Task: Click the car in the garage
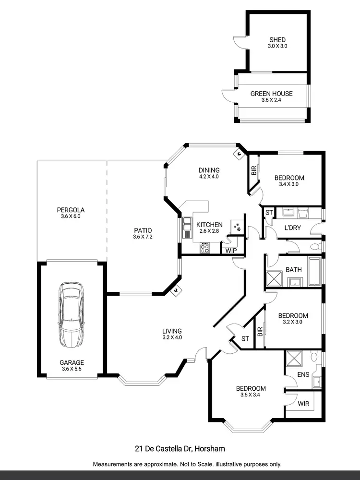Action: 71,314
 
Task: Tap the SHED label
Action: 277,40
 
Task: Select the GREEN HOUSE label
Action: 271,94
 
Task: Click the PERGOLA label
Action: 71,210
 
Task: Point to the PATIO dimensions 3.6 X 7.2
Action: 143,237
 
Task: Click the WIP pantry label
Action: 231,250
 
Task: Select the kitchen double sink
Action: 187,228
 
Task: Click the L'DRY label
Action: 292,228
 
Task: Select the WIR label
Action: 303,404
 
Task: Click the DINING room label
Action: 209,170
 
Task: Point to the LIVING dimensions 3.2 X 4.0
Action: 172,337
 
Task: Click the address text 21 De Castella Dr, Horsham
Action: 180,449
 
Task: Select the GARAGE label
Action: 72,362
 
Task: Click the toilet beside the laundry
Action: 314,247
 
